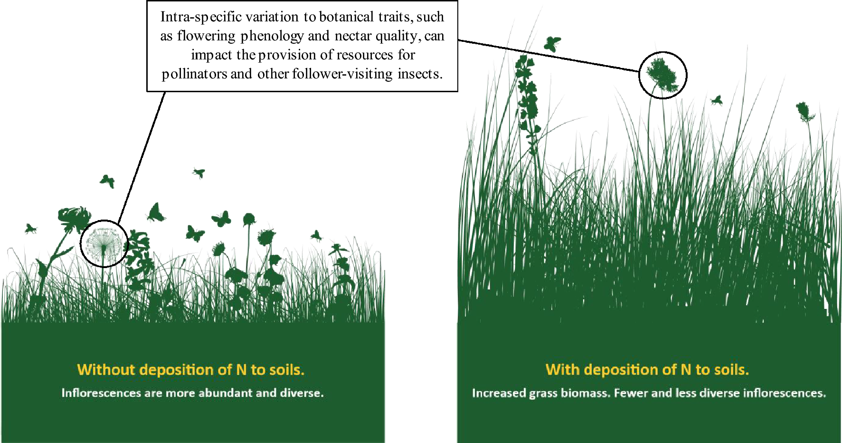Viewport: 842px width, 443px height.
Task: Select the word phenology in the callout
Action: [x=272, y=36]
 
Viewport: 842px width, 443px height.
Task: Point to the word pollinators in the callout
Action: [x=194, y=74]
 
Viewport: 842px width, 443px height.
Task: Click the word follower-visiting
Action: [x=342, y=74]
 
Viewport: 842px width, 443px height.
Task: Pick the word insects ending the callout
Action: [x=419, y=74]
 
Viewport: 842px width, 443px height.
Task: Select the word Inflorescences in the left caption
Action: [x=101, y=393]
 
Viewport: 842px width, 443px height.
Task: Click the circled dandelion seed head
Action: [x=104, y=243]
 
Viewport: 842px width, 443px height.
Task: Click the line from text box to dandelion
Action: [x=142, y=157]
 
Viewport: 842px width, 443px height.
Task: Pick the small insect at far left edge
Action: [x=30, y=229]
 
